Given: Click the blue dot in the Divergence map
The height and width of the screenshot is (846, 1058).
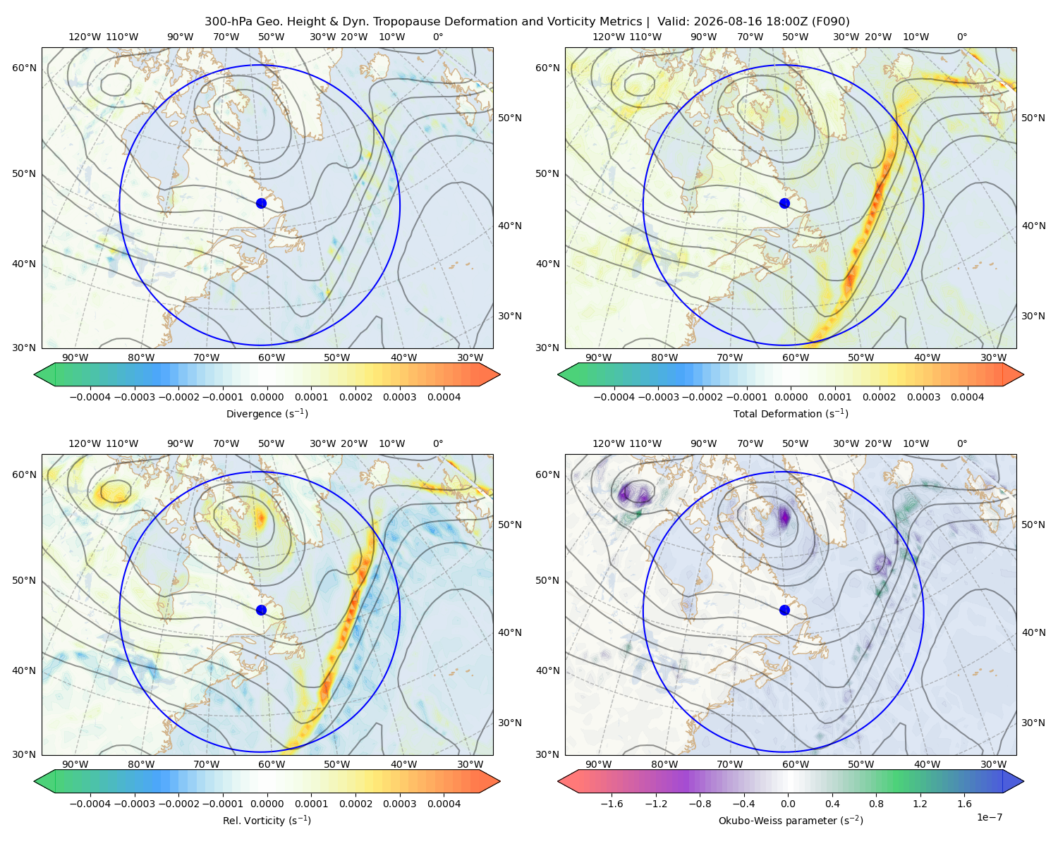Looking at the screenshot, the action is click(x=261, y=203).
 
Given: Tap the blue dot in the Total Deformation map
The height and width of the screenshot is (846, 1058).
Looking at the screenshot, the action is click(x=784, y=203).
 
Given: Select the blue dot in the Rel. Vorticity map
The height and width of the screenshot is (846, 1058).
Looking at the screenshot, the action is click(x=261, y=610).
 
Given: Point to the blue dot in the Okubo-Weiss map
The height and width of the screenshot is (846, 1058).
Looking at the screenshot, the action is click(x=784, y=610).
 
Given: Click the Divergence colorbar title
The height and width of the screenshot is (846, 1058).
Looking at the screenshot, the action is click(x=267, y=413).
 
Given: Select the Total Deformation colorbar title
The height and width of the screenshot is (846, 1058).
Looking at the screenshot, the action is click(x=791, y=413).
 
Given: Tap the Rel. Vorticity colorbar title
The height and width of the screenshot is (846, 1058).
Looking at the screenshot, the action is click(x=267, y=820).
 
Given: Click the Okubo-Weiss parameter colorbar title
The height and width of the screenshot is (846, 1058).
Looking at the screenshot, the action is click(x=791, y=820).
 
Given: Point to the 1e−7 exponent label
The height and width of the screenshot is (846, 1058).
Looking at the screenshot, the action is click(x=989, y=817).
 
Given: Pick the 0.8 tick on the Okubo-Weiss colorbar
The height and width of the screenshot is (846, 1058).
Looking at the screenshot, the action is click(x=876, y=803).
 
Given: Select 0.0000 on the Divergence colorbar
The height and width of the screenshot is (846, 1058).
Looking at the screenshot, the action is click(x=267, y=397).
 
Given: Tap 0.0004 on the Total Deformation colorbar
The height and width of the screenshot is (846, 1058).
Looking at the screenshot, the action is click(x=967, y=397).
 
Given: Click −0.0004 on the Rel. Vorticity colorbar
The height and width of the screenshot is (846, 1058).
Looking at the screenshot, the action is click(x=90, y=803).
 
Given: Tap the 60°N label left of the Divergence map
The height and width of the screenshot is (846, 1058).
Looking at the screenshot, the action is click(x=24, y=68).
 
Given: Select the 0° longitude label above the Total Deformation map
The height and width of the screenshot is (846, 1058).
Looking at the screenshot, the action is click(x=961, y=37).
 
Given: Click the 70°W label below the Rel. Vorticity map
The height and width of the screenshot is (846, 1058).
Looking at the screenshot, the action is click(x=206, y=764).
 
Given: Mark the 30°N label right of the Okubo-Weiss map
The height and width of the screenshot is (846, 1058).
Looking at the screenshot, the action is click(x=1033, y=722).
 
